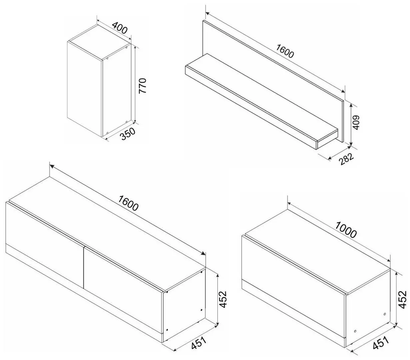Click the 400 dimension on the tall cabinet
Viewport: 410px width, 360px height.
pos(120,28)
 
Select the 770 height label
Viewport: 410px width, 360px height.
pos(142,86)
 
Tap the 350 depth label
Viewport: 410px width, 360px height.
pos(127,134)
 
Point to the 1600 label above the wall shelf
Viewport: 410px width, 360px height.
pos(285,51)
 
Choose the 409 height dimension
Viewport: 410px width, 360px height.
pos(356,122)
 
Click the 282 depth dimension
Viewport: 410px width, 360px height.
pos(346,159)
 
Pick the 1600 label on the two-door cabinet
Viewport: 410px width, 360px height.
pos(128,203)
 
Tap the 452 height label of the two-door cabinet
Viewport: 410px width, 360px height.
pos(223,299)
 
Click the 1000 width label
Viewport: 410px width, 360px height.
pos(346,230)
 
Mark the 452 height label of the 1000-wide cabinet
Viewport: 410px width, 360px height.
pos(402,299)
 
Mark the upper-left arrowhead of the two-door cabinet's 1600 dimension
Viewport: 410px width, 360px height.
pos(52,166)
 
